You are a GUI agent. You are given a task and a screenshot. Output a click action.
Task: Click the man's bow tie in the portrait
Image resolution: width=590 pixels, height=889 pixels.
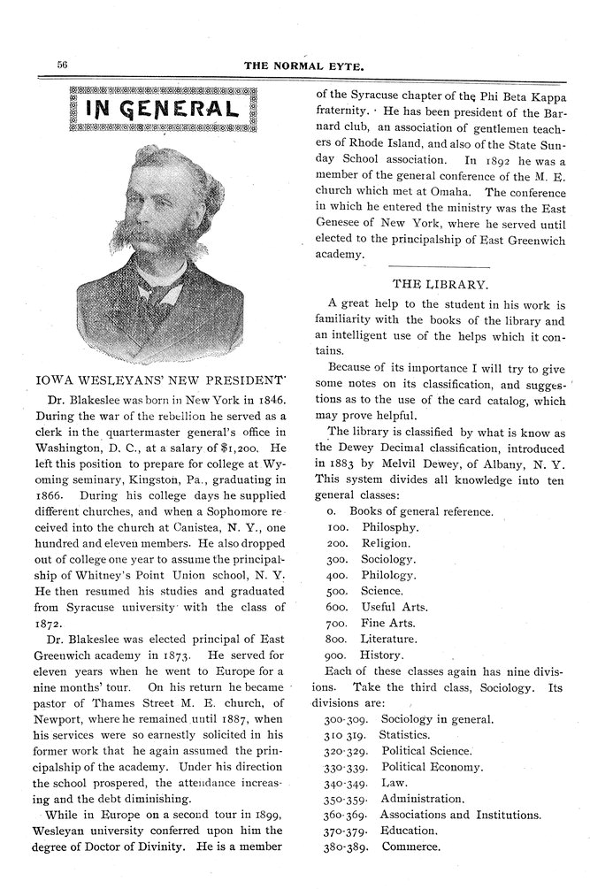[x=164, y=289]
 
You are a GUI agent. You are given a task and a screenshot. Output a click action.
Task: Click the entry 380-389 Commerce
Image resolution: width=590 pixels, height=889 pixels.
[x=382, y=846]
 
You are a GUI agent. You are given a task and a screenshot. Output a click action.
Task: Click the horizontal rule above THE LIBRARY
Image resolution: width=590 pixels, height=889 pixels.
[x=439, y=266]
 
